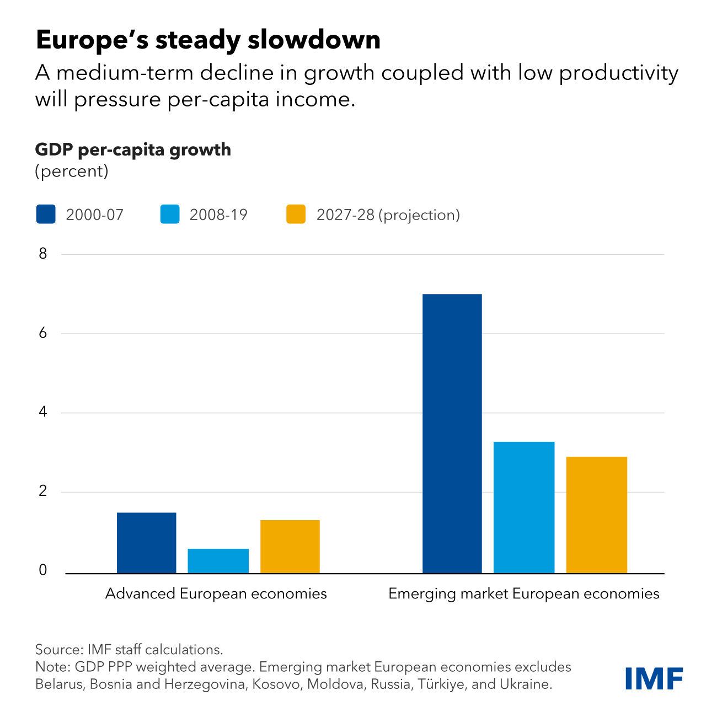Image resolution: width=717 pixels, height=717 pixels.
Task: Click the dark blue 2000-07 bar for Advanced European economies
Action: pos(147,543)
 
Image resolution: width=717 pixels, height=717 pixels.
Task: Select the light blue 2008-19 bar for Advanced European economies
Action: pos(218,561)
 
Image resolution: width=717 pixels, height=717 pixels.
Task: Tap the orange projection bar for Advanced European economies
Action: pos(290,547)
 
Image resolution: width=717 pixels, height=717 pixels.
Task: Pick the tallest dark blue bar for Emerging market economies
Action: pos(452,434)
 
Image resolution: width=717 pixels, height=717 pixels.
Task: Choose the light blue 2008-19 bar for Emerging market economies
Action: pos(524,507)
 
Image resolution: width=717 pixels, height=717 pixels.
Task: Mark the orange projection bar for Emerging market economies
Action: pos(597,515)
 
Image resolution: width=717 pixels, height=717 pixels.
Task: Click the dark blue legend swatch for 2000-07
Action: pos(46,215)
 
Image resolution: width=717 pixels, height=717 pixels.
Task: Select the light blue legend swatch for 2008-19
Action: pos(170,215)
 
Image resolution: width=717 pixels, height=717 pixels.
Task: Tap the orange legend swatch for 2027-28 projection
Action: pos(296,215)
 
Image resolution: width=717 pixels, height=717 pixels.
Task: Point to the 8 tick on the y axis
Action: pos(43,254)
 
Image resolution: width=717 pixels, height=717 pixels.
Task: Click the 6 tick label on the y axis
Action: pos(43,333)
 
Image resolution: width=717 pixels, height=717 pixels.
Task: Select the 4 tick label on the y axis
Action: pos(43,412)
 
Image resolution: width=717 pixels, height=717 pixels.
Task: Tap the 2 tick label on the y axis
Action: pos(43,491)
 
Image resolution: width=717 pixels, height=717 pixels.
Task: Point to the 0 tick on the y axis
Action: pos(43,571)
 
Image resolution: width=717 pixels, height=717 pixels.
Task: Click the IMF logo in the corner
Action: pos(654,678)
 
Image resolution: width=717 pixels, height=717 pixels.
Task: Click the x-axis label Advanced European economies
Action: pos(216,594)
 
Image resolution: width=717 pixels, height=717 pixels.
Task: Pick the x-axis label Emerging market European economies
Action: pos(524,594)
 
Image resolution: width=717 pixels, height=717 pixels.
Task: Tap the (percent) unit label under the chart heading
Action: pos(72,171)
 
